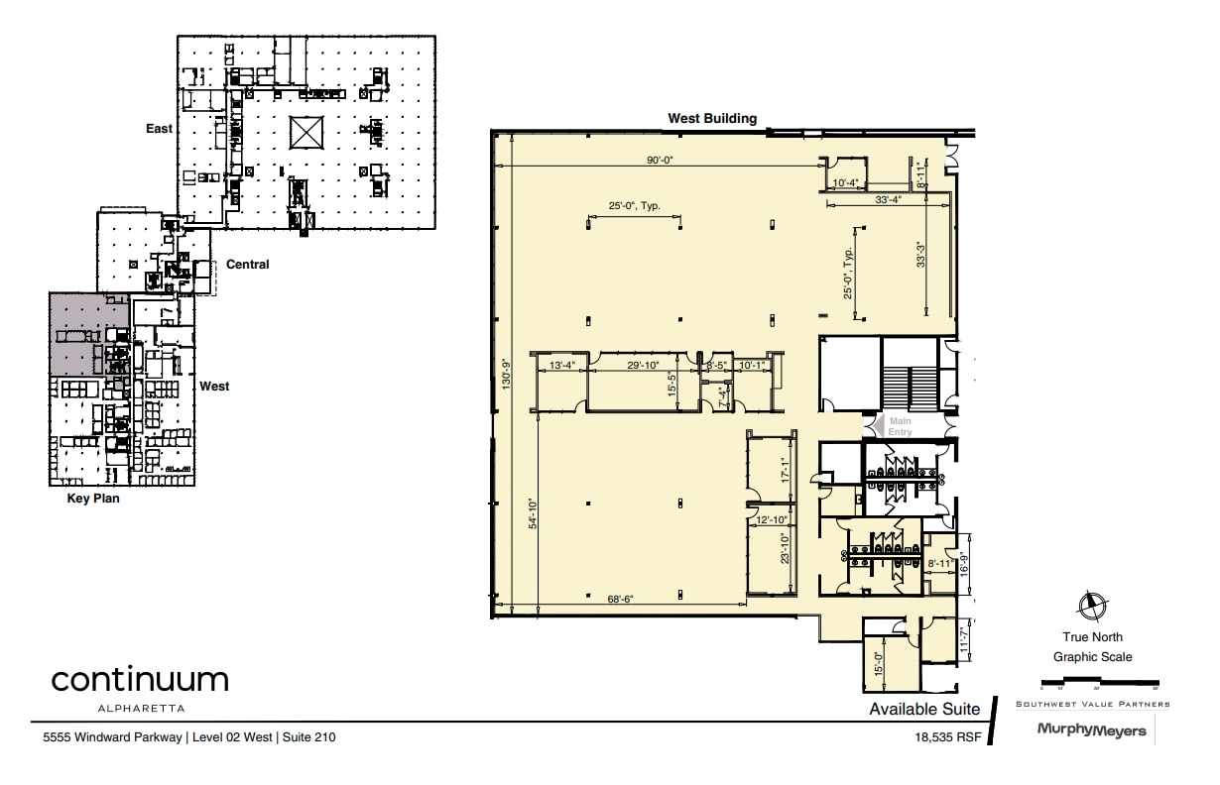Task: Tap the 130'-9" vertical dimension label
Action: (x=506, y=374)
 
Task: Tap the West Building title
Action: (x=711, y=118)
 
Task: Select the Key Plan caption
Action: (x=92, y=499)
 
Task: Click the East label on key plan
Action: (x=159, y=129)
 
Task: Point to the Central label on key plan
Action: (x=247, y=265)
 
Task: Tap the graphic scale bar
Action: (x=1099, y=683)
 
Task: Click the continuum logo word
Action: (x=140, y=680)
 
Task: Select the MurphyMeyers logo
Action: (x=1091, y=730)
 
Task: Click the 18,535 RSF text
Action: (x=948, y=737)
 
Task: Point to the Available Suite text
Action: (x=924, y=709)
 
